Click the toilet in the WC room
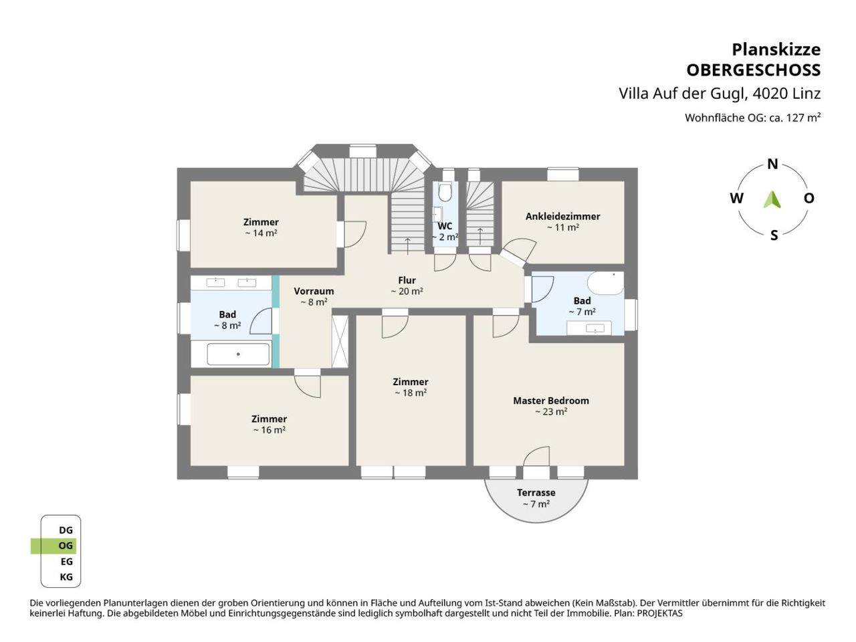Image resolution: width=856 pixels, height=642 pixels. pos(445,191)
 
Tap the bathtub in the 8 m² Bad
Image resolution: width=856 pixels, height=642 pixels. pos(238,354)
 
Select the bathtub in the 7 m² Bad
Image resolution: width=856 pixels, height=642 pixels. pos(606,284)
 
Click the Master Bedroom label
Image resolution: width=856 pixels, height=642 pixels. pos(550,401)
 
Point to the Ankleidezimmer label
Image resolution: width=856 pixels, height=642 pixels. pos(562,216)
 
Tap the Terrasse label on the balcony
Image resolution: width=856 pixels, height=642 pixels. pos(536,492)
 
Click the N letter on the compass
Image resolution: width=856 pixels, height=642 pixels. pos(772,164)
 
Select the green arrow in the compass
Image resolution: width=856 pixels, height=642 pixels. pos(772,199)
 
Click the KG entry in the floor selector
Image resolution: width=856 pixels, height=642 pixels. pos(66,577)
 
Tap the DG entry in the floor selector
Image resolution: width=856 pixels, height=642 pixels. pos(66,530)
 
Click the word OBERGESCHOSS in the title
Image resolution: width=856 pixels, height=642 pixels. pos(754,71)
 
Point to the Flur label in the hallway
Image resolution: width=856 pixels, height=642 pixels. pos(407,280)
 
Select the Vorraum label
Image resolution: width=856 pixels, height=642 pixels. pos(314,291)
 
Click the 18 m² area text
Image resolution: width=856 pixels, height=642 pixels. pos(410,393)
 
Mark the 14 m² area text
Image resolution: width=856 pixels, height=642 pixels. pos(261,233)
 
